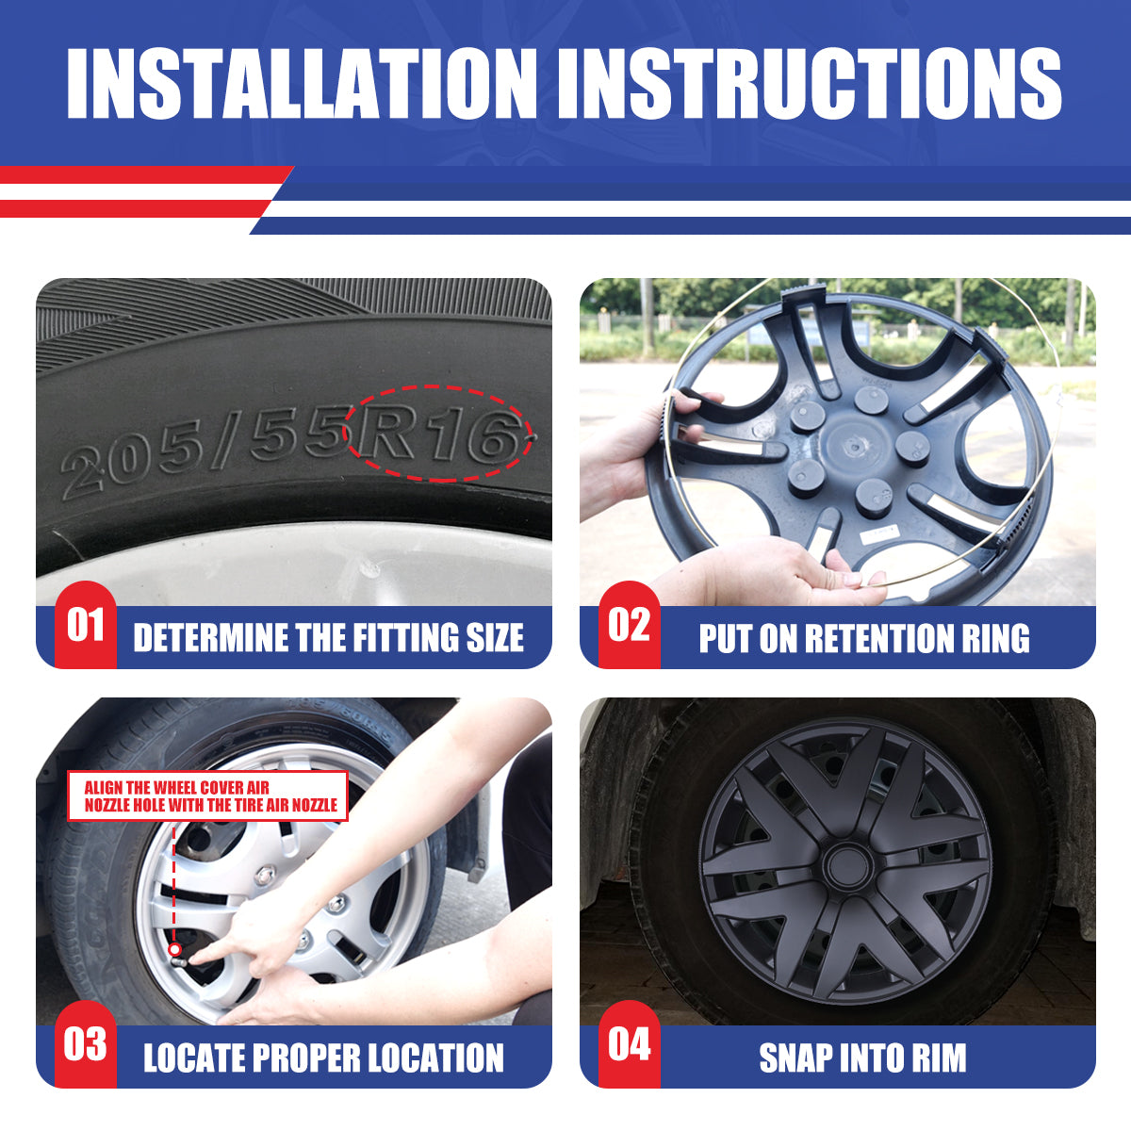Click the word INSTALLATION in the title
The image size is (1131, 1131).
point(302,83)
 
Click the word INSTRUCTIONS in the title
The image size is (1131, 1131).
point(810,83)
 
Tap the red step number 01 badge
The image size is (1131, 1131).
point(86,625)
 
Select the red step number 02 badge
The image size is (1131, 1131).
point(630,625)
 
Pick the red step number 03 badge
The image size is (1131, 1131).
point(86,1044)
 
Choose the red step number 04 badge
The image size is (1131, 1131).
point(630,1044)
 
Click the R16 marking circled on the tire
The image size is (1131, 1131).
point(439,434)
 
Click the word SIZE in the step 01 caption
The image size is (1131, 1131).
point(495,637)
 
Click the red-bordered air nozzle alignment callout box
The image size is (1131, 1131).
point(207,795)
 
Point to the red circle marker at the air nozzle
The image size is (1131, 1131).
point(174,949)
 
